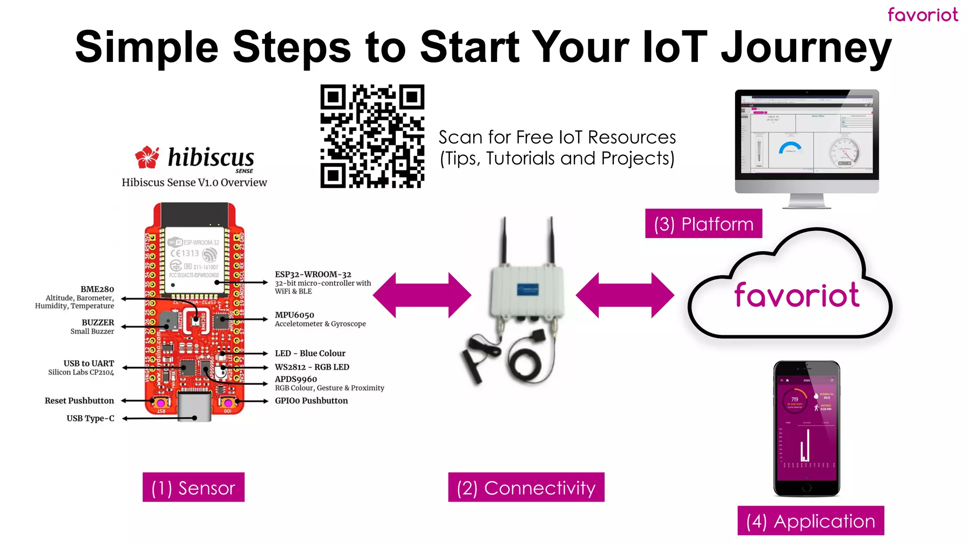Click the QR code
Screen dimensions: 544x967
tap(372, 136)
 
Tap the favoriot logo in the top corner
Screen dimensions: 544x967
tap(923, 15)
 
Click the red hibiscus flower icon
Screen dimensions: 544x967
tap(147, 157)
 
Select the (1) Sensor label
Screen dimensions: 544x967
tap(193, 487)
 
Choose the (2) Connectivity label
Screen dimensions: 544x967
tap(526, 487)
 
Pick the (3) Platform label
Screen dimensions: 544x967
tap(704, 224)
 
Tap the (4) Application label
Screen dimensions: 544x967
tap(811, 521)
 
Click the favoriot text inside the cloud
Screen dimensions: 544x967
tap(797, 295)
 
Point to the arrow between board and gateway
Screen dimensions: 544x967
tap(422, 295)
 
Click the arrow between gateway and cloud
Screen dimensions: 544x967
tap(625, 295)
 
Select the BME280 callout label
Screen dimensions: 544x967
tap(97, 289)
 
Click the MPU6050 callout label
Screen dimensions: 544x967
tap(295, 315)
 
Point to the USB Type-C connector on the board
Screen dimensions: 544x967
tap(194, 405)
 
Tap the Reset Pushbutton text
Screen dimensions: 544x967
tap(79, 400)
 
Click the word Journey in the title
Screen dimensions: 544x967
tap(806, 47)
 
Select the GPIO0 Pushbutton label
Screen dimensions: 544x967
tap(311, 400)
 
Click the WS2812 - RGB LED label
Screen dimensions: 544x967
tap(312, 367)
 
